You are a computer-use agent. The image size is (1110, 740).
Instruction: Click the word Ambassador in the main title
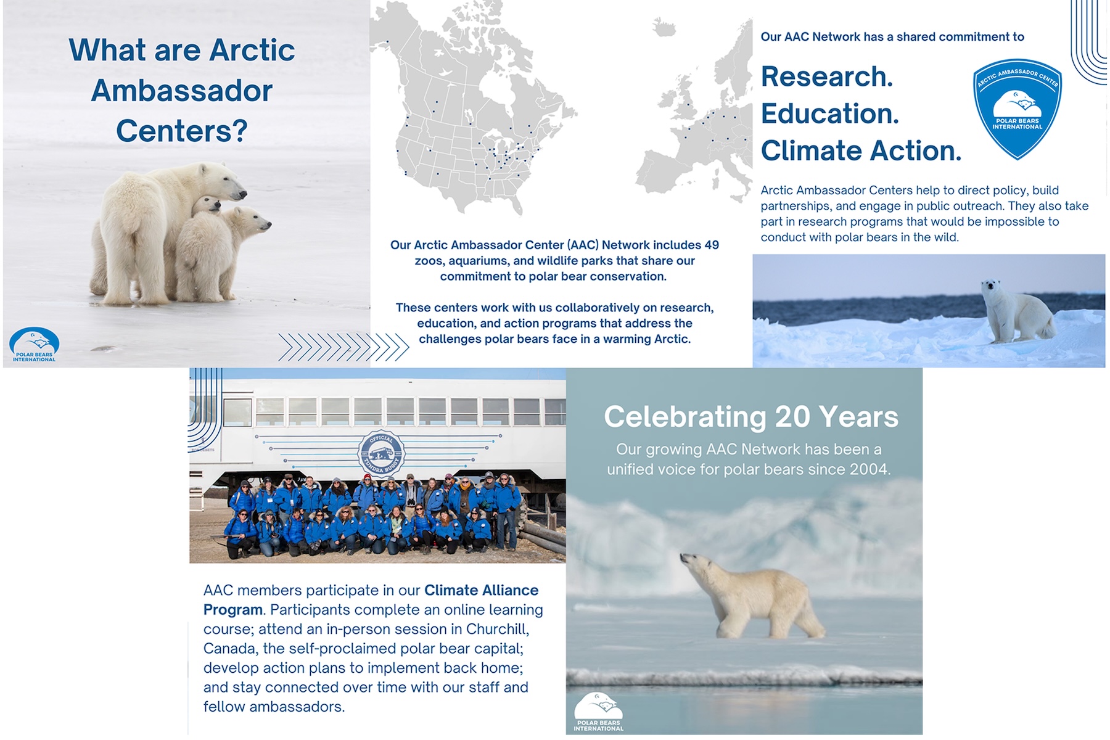click(182, 91)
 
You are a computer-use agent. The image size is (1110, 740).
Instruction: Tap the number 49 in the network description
click(712, 245)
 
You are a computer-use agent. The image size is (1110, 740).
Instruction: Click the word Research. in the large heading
click(827, 76)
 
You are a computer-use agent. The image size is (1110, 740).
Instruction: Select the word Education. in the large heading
click(830, 113)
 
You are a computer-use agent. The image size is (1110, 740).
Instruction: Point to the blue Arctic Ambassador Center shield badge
click(1017, 109)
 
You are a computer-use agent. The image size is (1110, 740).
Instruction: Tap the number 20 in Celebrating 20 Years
click(792, 417)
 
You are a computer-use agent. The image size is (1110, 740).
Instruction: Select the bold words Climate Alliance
click(482, 590)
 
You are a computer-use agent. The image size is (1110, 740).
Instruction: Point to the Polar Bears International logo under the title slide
click(35, 344)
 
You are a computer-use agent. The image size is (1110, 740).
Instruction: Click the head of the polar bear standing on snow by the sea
click(991, 287)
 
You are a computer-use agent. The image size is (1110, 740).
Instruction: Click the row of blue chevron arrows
click(343, 347)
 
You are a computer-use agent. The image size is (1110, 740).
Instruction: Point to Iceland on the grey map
click(664, 27)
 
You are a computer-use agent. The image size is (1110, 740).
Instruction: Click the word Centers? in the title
click(182, 131)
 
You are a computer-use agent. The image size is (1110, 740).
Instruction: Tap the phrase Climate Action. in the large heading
click(861, 150)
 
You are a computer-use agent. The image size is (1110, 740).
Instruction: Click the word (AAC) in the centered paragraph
click(583, 245)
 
